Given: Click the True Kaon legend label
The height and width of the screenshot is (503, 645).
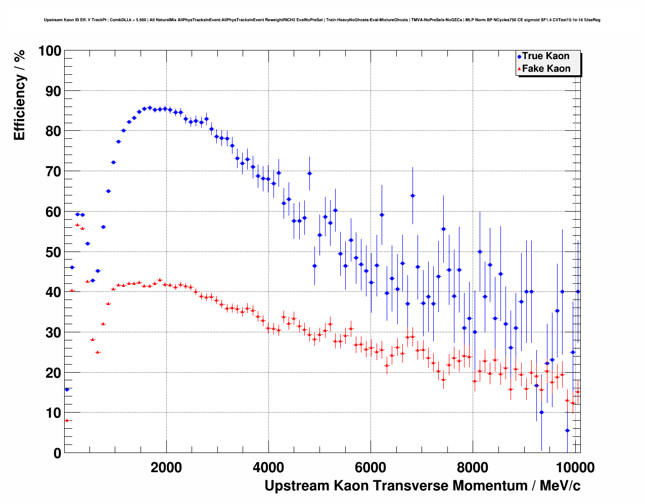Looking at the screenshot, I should tap(545, 56).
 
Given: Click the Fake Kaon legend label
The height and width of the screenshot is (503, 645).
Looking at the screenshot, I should tap(546, 69).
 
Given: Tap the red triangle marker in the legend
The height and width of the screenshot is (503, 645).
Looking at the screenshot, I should tap(519, 69).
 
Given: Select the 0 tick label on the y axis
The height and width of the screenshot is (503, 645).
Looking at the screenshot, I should tap(57, 453).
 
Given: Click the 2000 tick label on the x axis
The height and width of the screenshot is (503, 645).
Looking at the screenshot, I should tap(166, 467).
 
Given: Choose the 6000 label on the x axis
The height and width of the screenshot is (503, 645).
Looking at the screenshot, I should tap(371, 467).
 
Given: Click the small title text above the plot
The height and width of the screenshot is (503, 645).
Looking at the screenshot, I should tap(322, 20).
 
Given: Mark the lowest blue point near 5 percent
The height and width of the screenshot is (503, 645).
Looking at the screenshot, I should tap(567, 430).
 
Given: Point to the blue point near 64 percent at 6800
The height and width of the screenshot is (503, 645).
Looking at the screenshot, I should tap(412, 195).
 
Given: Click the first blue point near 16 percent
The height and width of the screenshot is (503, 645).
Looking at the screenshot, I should tap(67, 389).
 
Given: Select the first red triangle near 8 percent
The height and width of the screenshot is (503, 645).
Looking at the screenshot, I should tap(66, 420).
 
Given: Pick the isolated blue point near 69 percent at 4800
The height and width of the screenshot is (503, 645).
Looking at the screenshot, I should tap(309, 173).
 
